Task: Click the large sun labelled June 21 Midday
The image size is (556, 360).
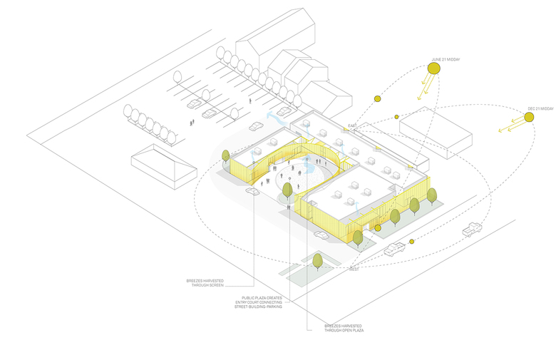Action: click(x=434, y=69)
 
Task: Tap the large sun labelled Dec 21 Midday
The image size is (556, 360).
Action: click(x=528, y=119)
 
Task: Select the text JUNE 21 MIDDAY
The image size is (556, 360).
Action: click(x=446, y=59)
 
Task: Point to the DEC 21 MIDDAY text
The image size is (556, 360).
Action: click(x=540, y=108)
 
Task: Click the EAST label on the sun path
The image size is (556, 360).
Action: click(x=351, y=126)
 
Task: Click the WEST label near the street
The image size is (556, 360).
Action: click(x=354, y=270)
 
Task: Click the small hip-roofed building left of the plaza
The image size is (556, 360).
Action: click(x=163, y=165)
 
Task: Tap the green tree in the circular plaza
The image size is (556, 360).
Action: click(x=287, y=190)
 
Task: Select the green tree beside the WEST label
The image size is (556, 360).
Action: click(x=317, y=260)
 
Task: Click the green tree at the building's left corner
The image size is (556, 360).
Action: click(x=226, y=156)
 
